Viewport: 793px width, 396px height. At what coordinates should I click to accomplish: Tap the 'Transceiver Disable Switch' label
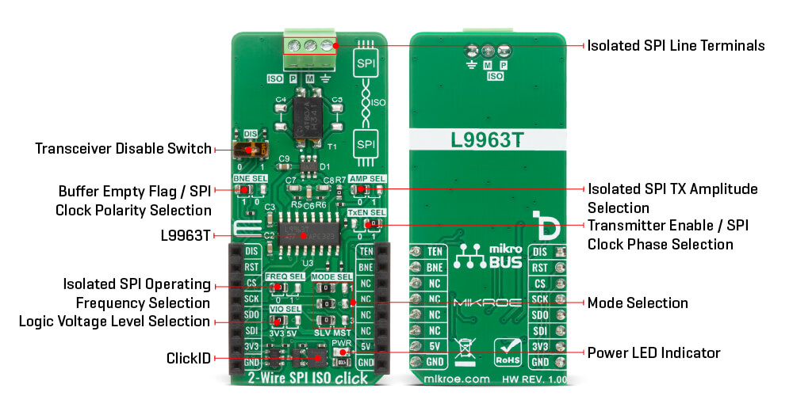pos(123,149)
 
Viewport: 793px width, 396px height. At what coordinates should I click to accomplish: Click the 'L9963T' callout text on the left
pos(184,234)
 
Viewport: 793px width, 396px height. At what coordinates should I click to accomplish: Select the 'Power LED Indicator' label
pos(653,352)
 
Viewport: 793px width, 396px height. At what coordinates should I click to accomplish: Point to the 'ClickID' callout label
pos(189,359)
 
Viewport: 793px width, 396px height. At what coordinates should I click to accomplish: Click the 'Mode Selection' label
pos(638,303)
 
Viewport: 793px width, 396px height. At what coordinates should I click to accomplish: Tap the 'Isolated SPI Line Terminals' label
pos(676,46)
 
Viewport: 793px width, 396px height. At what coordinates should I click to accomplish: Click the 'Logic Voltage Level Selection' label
pos(115,322)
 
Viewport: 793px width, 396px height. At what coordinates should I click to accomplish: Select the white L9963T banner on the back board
pos(487,142)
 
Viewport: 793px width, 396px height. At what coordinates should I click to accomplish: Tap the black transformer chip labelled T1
pos(305,120)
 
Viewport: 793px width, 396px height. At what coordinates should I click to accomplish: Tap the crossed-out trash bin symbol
pos(462,348)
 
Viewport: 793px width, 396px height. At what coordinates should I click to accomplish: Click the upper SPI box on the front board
pos(366,63)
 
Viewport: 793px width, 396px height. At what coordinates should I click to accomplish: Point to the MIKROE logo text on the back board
pos(488,303)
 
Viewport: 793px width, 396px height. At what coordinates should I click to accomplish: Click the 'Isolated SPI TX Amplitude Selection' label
pos(672,198)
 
